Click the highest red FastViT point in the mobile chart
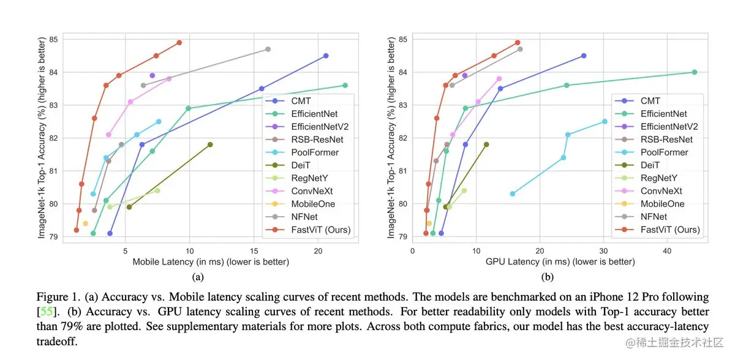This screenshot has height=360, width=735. pyautogui.click(x=179, y=42)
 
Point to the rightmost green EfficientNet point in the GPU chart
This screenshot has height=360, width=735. pyautogui.click(x=694, y=72)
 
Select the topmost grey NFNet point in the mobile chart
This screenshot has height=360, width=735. pyautogui.click(x=268, y=49)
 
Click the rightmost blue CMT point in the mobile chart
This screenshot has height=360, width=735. pyautogui.click(x=325, y=56)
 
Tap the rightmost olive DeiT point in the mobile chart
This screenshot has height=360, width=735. pyautogui.click(x=210, y=144)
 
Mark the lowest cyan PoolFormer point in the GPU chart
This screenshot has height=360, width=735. pyautogui.click(x=512, y=194)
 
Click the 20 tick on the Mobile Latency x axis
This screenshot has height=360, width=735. pyautogui.click(x=318, y=251)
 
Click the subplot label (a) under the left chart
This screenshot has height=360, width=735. pyautogui.click(x=198, y=277)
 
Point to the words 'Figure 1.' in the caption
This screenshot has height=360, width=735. pyautogui.click(x=56, y=297)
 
